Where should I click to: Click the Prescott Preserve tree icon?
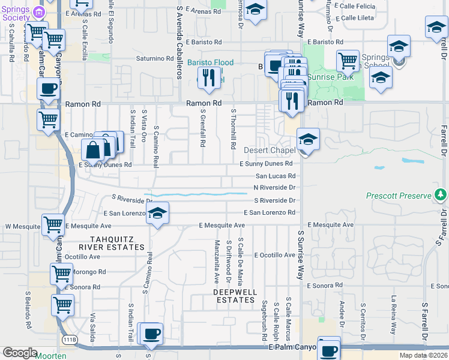tap(441, 195)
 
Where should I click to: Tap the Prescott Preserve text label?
tap(399, 196)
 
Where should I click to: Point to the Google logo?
tap(20, 353)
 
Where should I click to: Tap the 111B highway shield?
tap(70, 340)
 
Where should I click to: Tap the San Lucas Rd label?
tap(276, 176)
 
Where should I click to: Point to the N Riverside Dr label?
tap(275, 188)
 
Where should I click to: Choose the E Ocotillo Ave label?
tap(274, 255)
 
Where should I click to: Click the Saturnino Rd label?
tap(154, 59)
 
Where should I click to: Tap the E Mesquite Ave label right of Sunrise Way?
tap(333, 225)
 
